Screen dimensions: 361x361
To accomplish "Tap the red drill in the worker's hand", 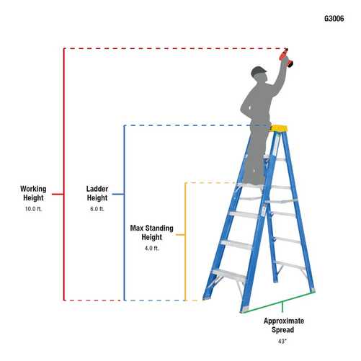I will (287, 58).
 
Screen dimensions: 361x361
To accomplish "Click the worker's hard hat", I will (259, 71).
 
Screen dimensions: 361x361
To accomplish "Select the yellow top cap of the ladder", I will (279, 129).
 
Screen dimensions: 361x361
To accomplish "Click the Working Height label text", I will (33, 194).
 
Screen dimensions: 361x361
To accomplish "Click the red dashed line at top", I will (173, 48).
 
